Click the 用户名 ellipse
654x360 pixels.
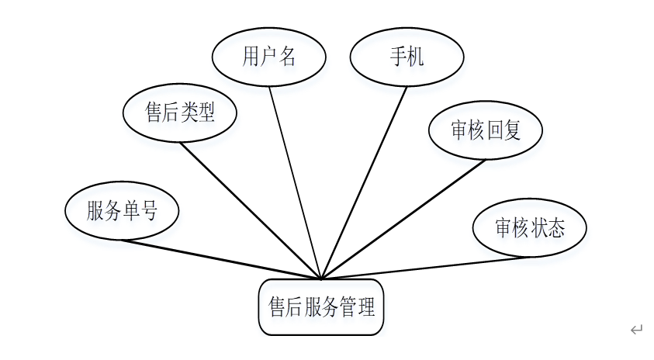point(268,57)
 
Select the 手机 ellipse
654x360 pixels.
point(407,57)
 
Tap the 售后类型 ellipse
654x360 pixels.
point(179,113)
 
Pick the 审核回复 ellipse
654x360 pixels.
point(486,130)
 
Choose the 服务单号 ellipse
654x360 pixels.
point(122,211)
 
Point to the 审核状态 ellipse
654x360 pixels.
point(529,228)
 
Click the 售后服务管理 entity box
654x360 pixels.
point(321,308)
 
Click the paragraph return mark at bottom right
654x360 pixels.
point(636,330)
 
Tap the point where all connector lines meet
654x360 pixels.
point(321,278)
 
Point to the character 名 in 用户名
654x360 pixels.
point(286,57)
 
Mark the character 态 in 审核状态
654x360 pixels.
point(555,228)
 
